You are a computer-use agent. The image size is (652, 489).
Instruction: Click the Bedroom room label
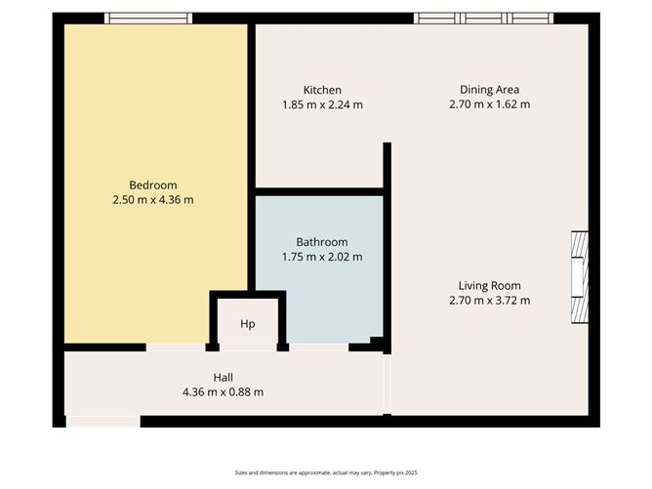pos(153,185)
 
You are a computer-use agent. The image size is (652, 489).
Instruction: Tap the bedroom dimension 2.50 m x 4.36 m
pos(153,200)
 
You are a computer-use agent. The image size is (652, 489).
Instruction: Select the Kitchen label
pos(322,90)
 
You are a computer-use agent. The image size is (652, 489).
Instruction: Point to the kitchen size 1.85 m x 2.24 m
pos(322,104)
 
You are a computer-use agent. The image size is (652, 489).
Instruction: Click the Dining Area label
pos(489,90)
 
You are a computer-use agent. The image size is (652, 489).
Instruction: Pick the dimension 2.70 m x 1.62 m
pos(489,104)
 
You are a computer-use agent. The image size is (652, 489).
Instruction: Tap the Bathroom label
pos(321,242)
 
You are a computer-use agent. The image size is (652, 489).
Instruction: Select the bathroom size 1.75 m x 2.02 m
pos(321,257)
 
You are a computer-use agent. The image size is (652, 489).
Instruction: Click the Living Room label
pos(489,286)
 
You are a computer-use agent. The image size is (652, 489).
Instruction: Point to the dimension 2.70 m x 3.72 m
pos(489,301)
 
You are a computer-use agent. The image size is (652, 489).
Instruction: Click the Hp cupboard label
pos(248,323)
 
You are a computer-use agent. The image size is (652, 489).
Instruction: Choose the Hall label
pos(224,377)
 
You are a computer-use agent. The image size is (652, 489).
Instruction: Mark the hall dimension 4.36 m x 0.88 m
pos(224,391)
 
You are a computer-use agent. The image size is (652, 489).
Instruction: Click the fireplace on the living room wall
pos(580,277)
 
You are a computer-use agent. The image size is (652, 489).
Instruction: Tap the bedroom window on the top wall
pos(148,18)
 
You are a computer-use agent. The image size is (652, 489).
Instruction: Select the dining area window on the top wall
pos(484,18)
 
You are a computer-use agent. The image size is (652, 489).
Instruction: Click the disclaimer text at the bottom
pos(326,471)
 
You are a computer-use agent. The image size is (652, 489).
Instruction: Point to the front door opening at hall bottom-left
pos(102,422)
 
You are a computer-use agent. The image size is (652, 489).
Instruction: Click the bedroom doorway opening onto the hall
pos(176,346)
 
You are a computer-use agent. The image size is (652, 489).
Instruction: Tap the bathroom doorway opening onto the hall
pos(319,346)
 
